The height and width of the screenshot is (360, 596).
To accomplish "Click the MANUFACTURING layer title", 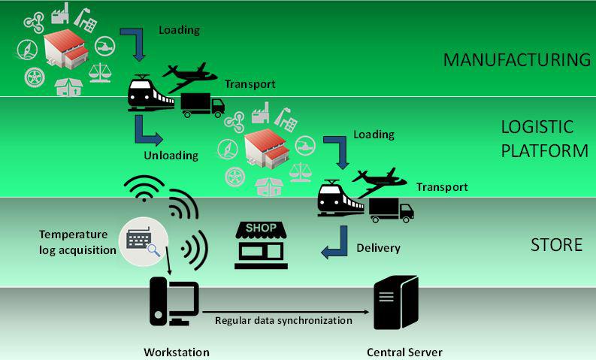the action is point(517,60).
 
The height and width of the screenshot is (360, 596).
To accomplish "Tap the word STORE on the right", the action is point(556,245).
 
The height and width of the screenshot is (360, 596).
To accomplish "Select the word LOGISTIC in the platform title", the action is point(537,127).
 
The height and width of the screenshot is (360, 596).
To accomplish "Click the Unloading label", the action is point(171,156).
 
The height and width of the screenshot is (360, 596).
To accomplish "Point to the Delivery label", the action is point(378,248).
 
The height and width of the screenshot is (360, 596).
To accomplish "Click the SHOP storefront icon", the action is point(261,245).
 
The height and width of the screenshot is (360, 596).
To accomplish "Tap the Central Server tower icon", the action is point(395,303).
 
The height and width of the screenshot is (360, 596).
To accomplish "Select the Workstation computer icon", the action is point(174,301).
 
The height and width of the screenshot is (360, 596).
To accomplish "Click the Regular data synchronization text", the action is point(283,320).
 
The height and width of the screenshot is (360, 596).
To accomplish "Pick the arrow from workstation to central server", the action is point(286,312).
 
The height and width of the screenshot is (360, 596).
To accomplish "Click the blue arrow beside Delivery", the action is point(334,243).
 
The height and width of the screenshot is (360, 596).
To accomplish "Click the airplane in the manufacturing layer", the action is point(189,77).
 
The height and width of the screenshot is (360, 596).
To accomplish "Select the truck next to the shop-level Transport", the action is point(392,210).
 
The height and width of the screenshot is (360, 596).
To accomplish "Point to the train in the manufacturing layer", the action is point(150,93).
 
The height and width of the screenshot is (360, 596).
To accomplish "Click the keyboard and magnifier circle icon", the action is point(144,241).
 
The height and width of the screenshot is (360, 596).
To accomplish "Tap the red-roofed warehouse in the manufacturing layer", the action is point(66,49).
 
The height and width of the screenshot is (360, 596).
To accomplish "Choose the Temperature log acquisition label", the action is point(77,242).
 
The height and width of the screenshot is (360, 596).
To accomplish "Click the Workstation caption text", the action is point(177,352).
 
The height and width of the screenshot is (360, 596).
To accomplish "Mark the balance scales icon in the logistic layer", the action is point(301,173).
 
